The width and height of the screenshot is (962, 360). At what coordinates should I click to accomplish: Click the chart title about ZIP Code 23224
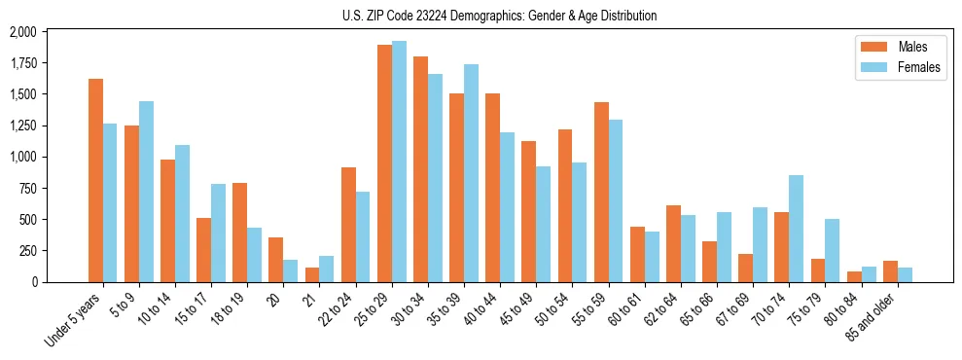[499, 16]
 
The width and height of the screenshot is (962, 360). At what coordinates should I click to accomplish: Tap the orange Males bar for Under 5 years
[95, 180]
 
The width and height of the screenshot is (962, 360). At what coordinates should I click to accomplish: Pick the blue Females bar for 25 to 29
[399, 162]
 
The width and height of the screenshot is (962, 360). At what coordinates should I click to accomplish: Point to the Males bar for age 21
[312, 274]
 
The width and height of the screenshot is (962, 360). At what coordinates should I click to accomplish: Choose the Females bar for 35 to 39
[471, 173]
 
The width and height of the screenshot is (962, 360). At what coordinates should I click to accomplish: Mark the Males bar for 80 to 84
[854, 276]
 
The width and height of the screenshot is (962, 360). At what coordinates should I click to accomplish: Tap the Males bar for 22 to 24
[348, 225]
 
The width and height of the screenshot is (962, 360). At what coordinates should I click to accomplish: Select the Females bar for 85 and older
[905, 274]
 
